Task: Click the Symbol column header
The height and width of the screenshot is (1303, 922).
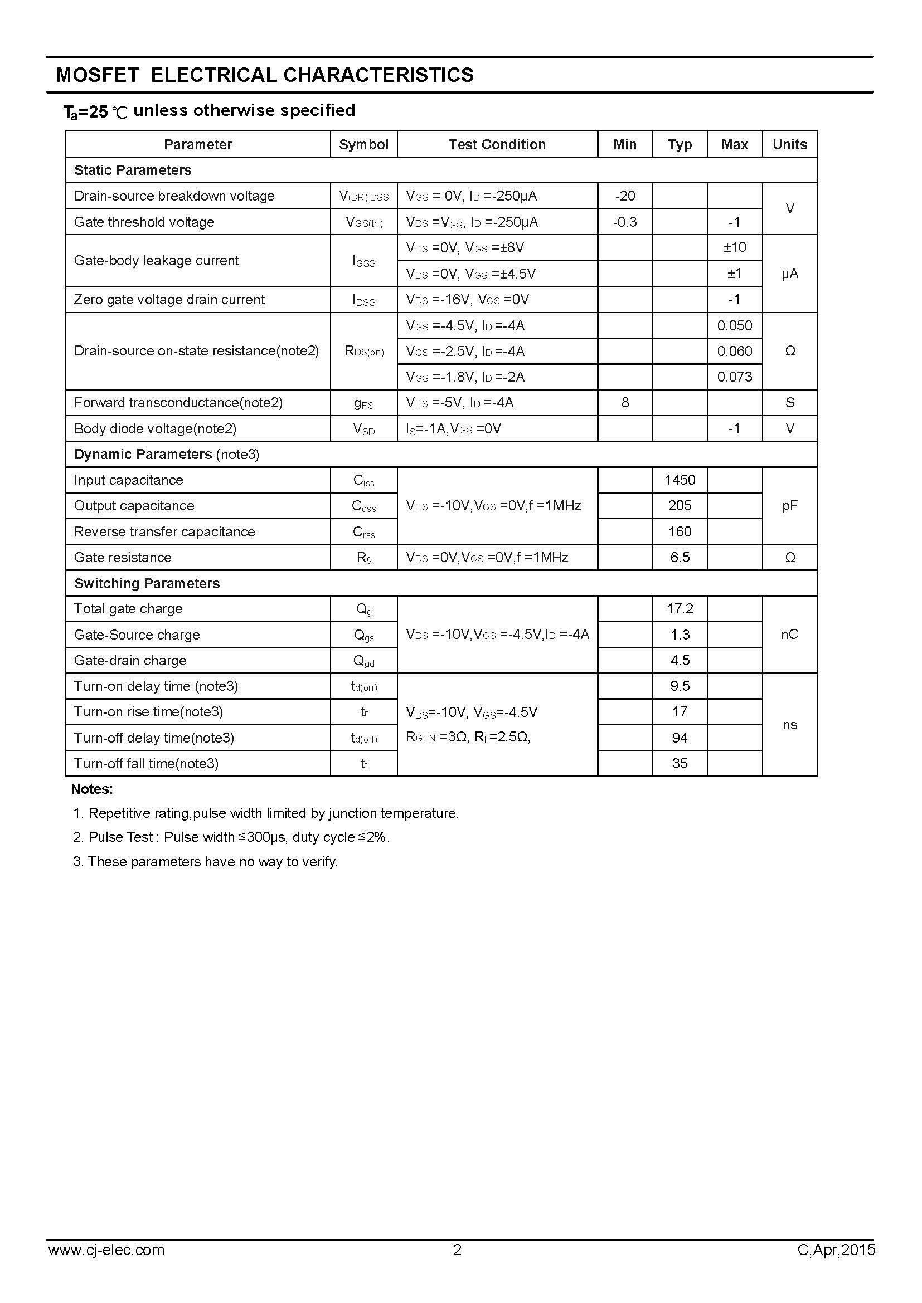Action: (x=363, y=145)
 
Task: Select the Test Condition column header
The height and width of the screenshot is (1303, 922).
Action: (x=497, y=145)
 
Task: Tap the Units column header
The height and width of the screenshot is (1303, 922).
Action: (x=789, y=145)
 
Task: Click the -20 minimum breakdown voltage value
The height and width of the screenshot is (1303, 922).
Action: (x=624, y=196)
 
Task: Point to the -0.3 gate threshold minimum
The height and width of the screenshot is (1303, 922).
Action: (x=624, y=222)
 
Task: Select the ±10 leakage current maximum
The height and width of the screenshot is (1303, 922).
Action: (x=734, y=247)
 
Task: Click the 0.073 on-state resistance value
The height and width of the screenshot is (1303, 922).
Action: (x=734, y=377)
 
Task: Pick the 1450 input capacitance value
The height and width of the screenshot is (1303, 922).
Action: (x=680, y=480)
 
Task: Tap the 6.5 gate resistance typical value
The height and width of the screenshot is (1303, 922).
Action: (x=680, y=557)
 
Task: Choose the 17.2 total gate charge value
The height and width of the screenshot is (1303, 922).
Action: (x=680, y=609)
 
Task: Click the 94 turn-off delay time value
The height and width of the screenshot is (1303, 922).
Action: (x=680, y=738)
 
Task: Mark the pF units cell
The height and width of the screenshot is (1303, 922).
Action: (x=789, y=506)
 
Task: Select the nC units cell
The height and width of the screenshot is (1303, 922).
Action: (x=789, y=635)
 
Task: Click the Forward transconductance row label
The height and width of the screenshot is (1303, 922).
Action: (x=178, y=403)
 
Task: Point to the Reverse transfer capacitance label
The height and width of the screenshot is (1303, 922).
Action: (x=164, y=532)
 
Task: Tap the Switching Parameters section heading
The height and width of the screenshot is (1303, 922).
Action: (x=147, y=583)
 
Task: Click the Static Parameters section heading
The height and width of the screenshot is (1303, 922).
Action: (x=133, y=170)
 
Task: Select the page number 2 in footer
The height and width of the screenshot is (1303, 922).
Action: (x=457, y=1249)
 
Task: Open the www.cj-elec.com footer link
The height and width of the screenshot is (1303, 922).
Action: (x=106, y=1250)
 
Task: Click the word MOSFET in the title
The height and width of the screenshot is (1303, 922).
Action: (x=98, y=75)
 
